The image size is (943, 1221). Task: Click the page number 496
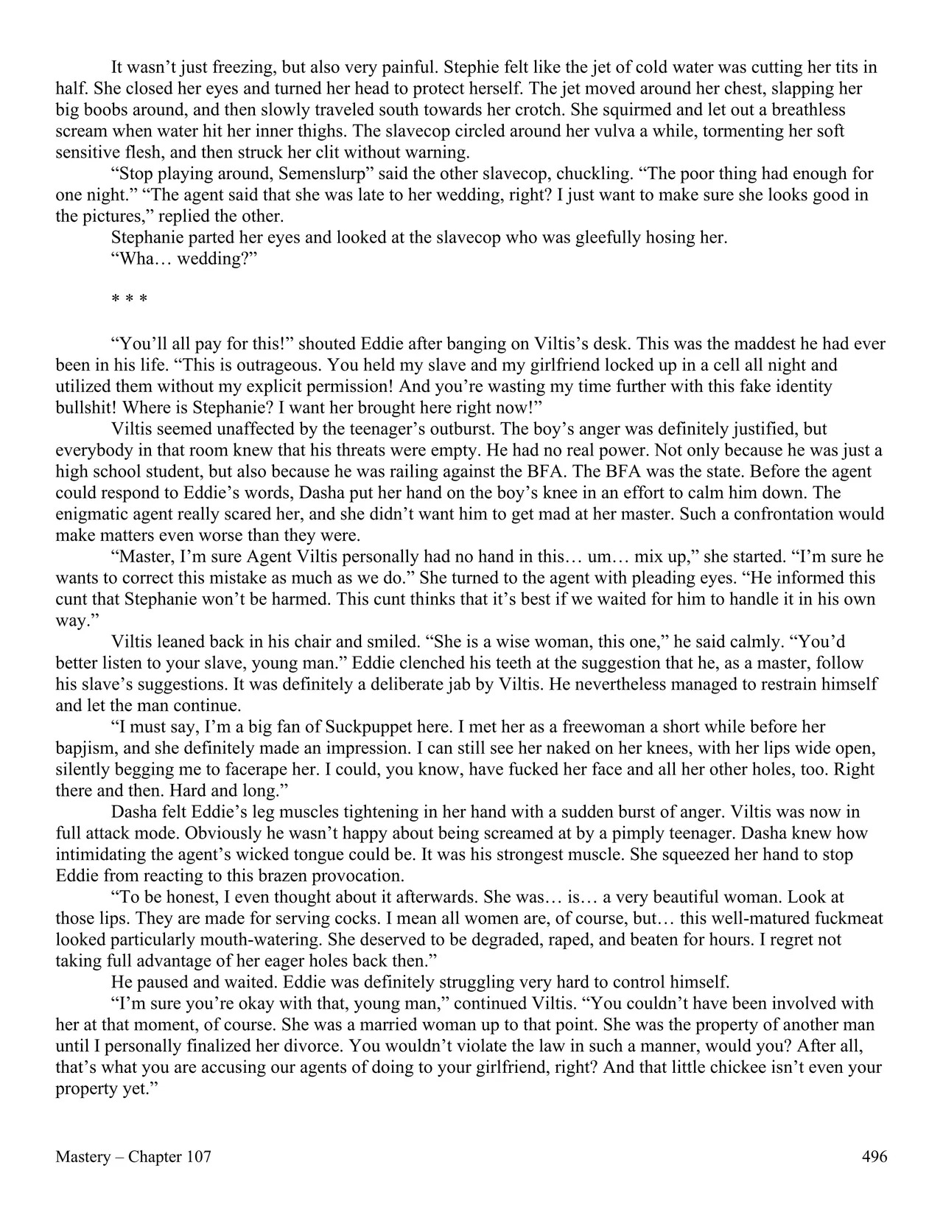[x=874, y=1157]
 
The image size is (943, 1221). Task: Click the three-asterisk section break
[x=129, y=301]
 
